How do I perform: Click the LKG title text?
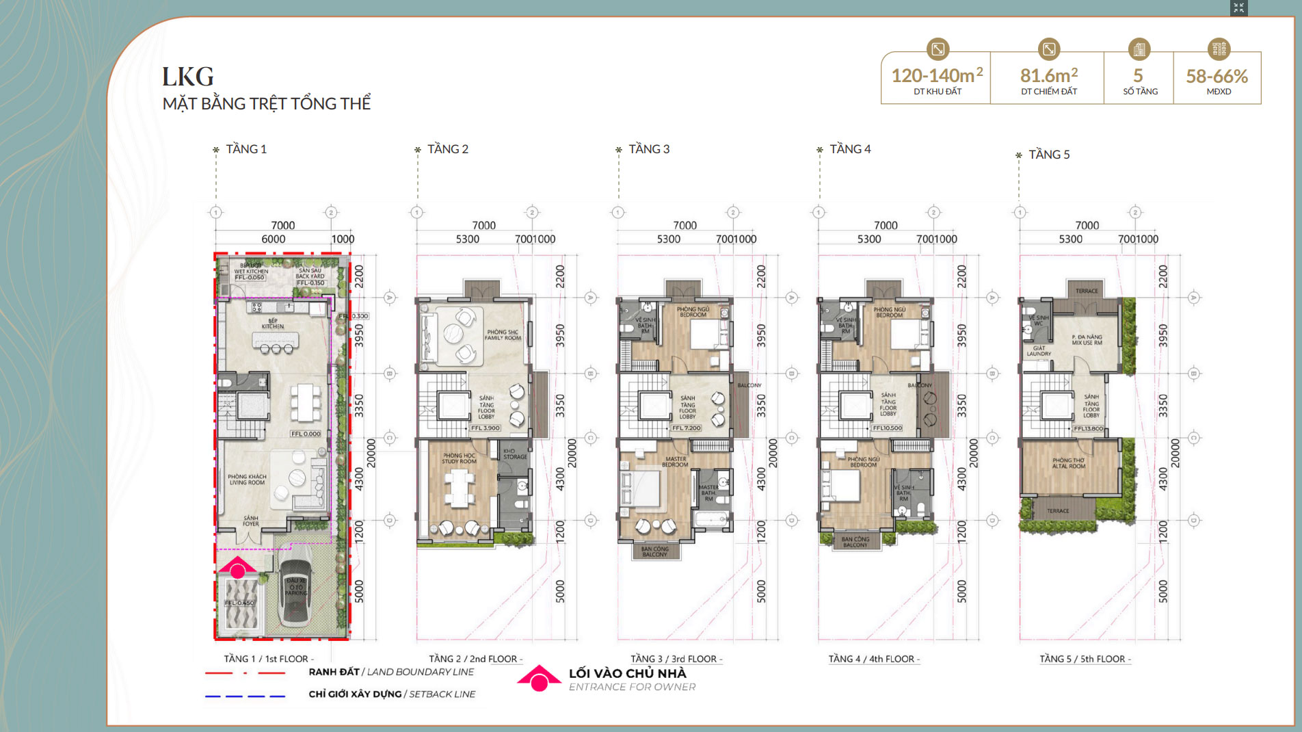coord(188,77)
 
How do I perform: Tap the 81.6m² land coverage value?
coord(1048,75)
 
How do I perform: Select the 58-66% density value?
coord(1217,76)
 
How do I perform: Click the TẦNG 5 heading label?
coord(1049,155)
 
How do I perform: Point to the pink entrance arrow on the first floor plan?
coord(237,567)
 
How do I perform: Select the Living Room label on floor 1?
coord(247,480)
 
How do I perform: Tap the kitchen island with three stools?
coord(275,340)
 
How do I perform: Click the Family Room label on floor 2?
coord(503,335)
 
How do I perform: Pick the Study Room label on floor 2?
coord(459,458)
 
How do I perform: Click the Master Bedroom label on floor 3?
coord(676,462)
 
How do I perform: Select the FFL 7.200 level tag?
coord(687,428)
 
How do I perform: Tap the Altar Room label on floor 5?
coord(1068,463)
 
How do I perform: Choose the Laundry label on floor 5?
coord(1038,351)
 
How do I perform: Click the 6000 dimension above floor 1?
coord(273,239)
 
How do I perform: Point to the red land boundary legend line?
coord(245,673)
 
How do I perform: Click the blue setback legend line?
coord(245,696)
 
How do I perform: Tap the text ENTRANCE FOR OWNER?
coord(632,687)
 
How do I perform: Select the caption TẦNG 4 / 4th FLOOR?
coord(873,659)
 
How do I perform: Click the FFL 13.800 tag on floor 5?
coord(1088,428)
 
